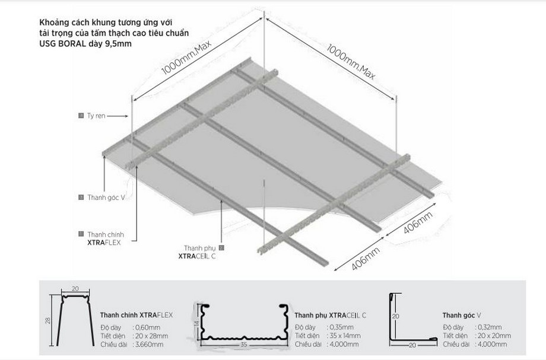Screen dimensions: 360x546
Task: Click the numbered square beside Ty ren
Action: (81, 115)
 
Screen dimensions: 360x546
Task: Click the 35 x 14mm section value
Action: (344, 336)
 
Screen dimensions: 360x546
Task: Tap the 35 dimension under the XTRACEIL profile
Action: (243, 343)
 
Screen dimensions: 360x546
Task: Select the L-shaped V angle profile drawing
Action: (409, 320)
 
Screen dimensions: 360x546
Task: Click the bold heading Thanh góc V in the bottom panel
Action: (461, 315)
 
